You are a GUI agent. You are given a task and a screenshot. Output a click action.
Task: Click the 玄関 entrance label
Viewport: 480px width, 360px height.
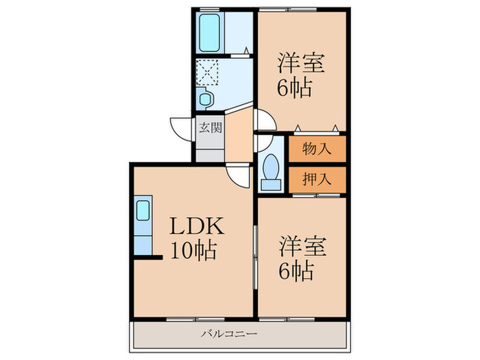point(210,128)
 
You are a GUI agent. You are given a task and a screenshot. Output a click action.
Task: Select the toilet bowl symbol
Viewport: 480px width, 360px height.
point(271,171)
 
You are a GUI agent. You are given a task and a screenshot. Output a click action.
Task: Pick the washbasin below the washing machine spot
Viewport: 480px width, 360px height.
point(205,98)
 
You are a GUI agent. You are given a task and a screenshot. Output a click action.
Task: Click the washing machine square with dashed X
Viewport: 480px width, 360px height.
point(207,71)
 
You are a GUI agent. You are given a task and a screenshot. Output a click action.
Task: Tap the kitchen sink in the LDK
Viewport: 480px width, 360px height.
point(143,210)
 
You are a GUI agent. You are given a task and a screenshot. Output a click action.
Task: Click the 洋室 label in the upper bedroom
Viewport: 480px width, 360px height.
point(300,62)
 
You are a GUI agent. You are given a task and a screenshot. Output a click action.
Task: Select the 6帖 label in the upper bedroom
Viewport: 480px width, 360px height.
point(295,88)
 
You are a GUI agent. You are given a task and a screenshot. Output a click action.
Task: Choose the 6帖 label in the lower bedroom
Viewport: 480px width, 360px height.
point(296,271)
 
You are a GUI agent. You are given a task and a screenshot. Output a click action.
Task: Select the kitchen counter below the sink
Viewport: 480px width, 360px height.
point(143,240)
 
